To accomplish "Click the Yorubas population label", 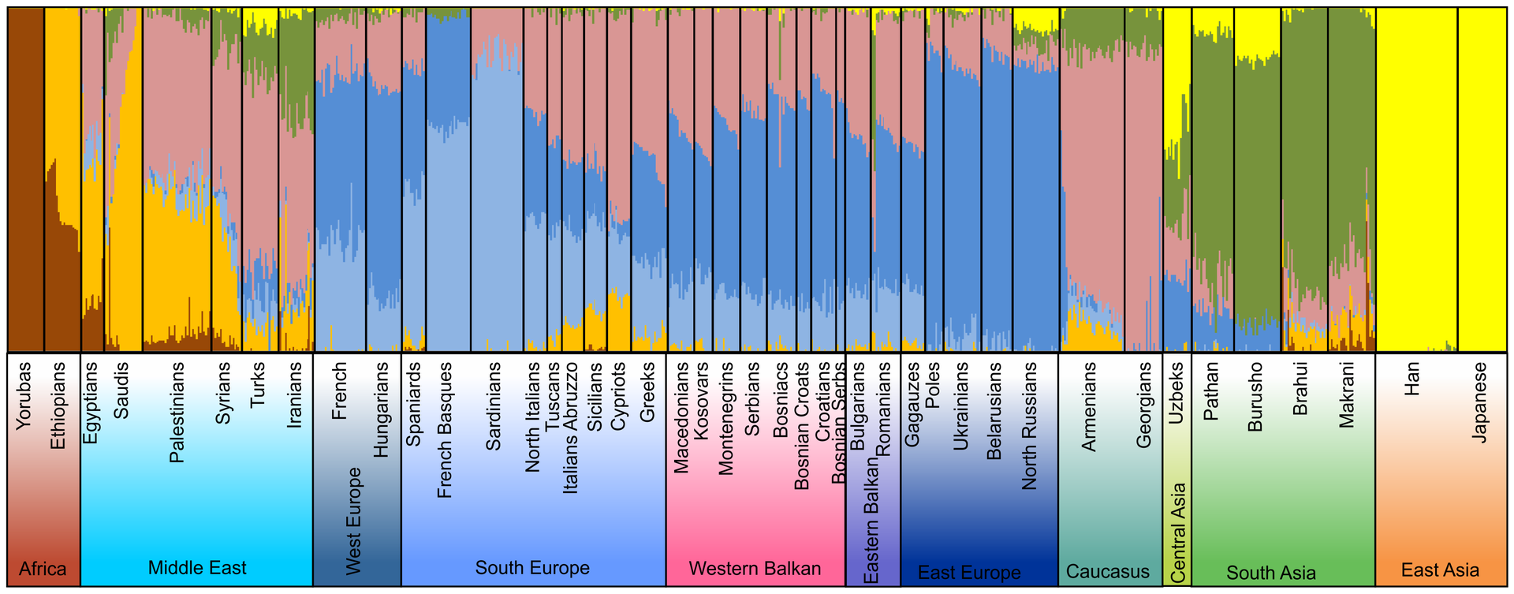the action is pyautogui.click(x=23, y=395).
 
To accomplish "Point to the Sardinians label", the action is pyautogui.click(x=494, y=406).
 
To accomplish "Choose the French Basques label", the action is pyautogui.click(x=445, y=430).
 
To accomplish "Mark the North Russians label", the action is pyautogui.click(x=1030, y=426).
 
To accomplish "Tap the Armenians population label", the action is pyautogui.click(x=1089, y=406).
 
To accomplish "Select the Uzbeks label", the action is pyautogui.click(x=1177, y=393).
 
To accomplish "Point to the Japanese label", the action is pyautogui.click(x=1480, y=402).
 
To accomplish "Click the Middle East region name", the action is pyautogui.click(x=197, y=568).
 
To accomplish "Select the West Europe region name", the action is pyautogui.click(x=353, y=521).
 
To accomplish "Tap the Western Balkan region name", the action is pyautogui.click(x=755, y=569).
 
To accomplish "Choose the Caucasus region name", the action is pyautogui.click(x=1108, y=571).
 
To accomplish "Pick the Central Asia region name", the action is pyautogui.click(x=1178, y=533).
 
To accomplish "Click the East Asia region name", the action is pyautogui.click(x=1440, y=570).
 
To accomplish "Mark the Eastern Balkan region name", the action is pyautogui.click(x=871, y=521).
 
